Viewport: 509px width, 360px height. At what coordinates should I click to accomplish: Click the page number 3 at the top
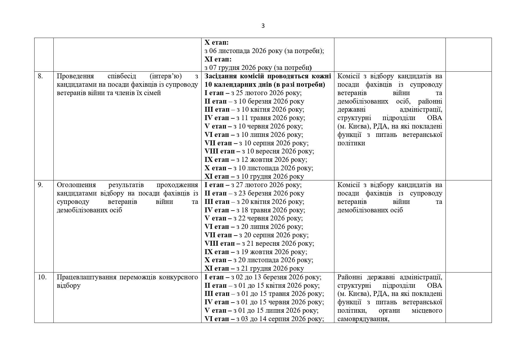263,26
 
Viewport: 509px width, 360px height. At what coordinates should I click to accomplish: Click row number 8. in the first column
40,76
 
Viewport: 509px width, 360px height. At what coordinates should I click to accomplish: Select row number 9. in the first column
40,185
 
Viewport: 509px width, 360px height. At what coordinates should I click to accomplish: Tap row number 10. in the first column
42,277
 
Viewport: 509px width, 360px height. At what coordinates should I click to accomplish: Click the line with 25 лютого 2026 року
253,93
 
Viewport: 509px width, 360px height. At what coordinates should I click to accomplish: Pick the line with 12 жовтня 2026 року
256,160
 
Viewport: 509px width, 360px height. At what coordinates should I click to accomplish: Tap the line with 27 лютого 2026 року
253,185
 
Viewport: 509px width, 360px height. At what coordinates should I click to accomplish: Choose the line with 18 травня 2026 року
255,210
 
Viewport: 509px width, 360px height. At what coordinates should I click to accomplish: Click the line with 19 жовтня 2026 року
256,252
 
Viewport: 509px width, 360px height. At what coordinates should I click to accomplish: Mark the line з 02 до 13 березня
263,277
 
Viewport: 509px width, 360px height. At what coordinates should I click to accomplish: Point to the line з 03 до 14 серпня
264,319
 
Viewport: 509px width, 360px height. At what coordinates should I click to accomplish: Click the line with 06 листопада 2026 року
264,51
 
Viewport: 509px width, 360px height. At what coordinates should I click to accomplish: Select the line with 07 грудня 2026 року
258,68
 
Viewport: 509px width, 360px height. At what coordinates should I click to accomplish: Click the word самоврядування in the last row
363,319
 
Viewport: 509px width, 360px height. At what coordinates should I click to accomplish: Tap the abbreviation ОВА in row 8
434,118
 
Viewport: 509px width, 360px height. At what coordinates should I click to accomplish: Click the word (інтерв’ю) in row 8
166,76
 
